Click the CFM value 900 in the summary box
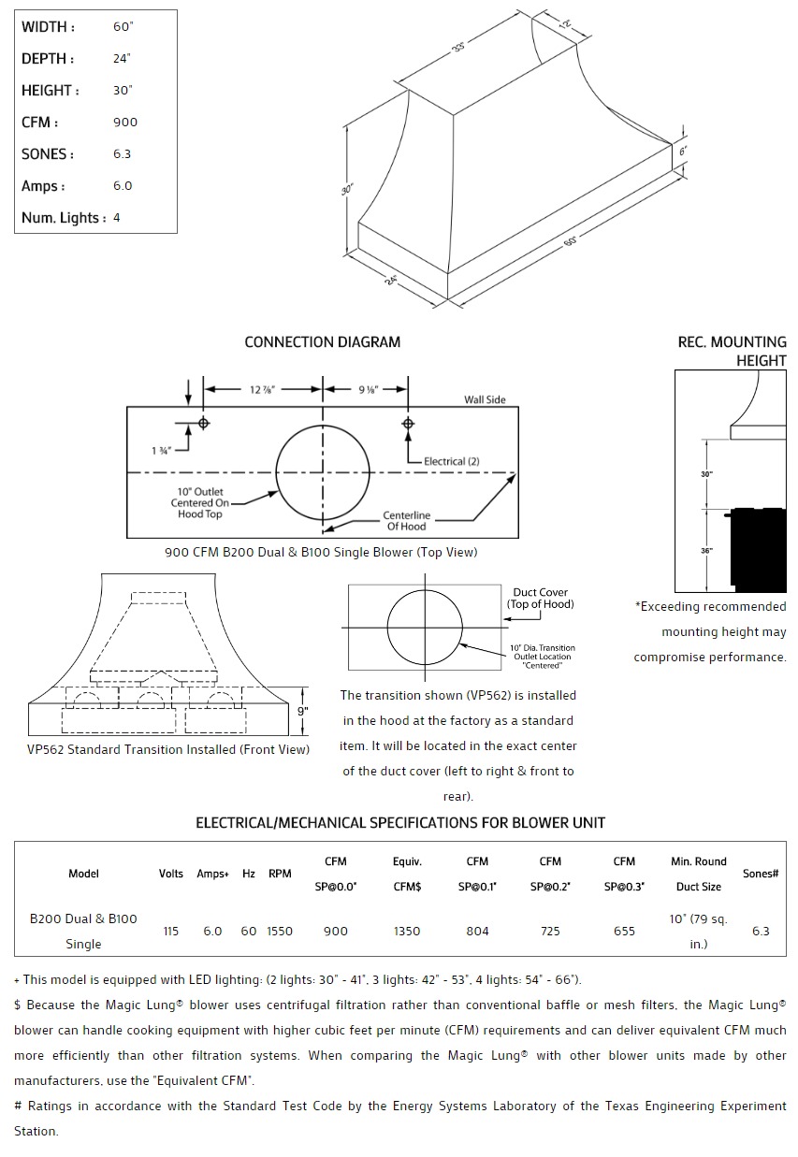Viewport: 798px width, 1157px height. [124, 123]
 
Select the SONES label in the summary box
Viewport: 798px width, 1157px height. [48, 154]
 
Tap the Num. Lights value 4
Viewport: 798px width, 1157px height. [116, 218]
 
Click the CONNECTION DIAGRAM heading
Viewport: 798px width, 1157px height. [322, 342]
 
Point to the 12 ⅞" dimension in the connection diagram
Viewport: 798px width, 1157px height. [264, 389]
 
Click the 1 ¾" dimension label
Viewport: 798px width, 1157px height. [160, 450]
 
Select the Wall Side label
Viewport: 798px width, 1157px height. [485, 400]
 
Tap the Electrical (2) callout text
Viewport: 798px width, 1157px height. [451, 461]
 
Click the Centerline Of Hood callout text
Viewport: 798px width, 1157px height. [406, 521]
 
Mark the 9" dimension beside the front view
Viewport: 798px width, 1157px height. [302, 711]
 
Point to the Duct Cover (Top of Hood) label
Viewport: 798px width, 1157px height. [540, 598]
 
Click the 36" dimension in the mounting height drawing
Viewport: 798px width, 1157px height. [706, 551]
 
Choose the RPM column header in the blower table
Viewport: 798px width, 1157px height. [279, 874]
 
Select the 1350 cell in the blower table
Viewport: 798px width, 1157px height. [407, 932]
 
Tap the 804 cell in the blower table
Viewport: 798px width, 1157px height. [477, 932]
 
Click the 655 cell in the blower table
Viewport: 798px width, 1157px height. [624, 932]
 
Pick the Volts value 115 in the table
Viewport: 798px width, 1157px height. [170, 932]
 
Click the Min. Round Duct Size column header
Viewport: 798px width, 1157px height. [699, 874]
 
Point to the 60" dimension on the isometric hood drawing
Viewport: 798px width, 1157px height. [570, 240]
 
